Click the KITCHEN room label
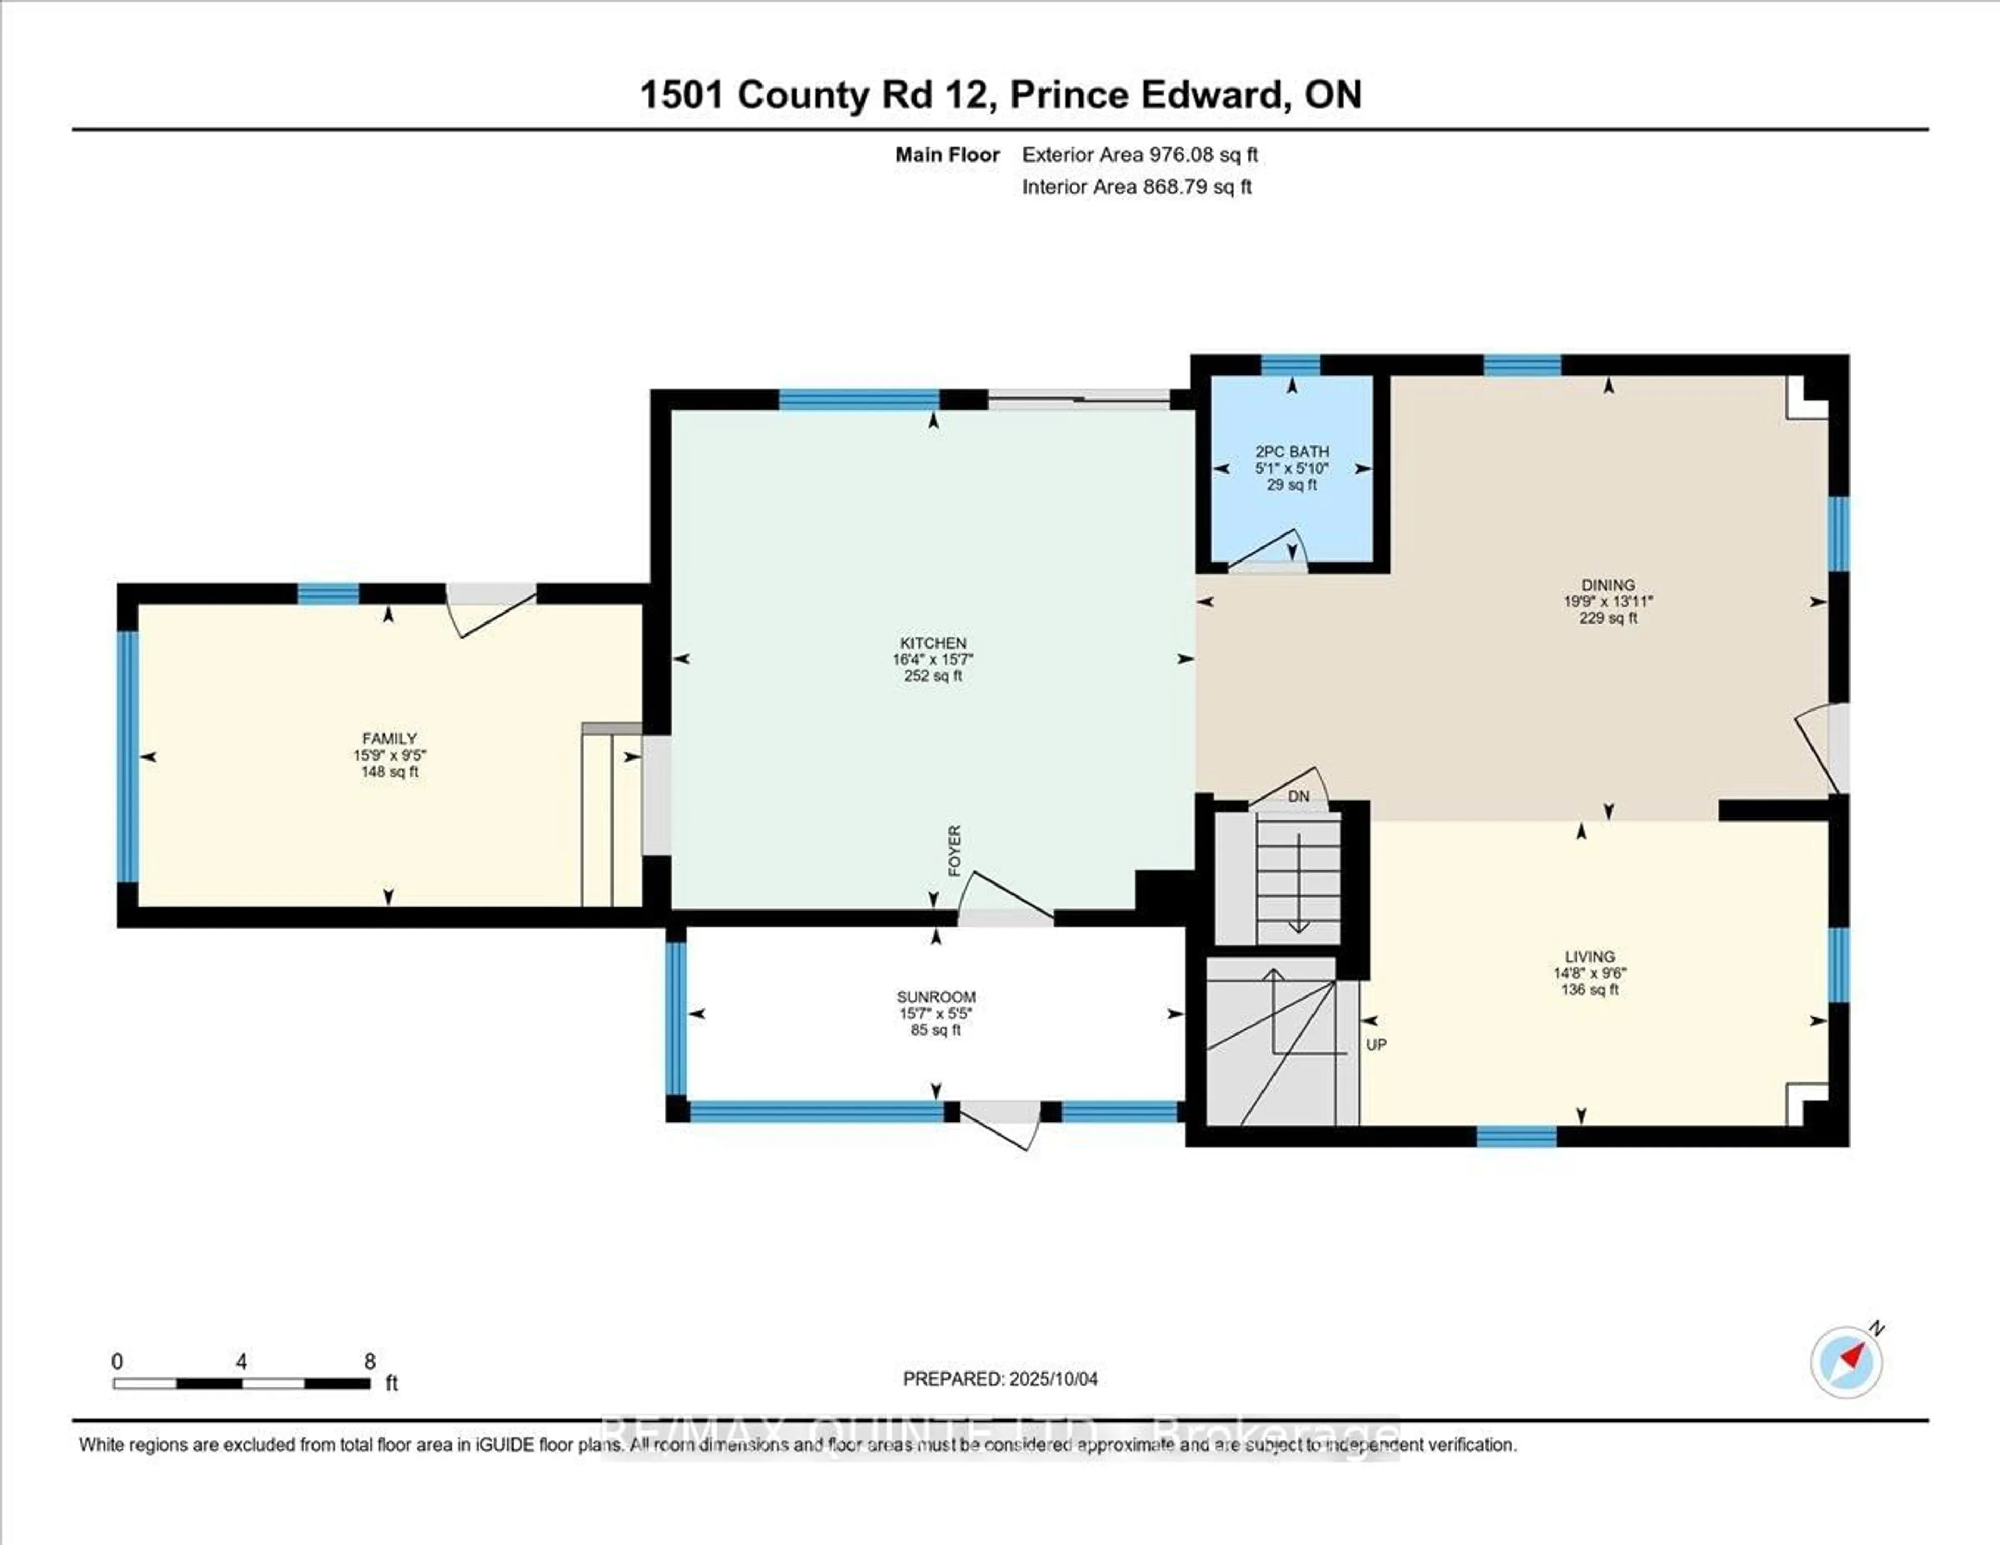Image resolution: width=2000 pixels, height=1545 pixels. point(933,643)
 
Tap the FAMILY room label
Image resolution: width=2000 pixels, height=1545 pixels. point(389,738)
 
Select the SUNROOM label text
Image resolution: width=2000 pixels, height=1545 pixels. point(936,996)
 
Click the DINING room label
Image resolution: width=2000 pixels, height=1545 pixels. point(1608,584)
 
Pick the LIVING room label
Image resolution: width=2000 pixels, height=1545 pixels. point(1590,956)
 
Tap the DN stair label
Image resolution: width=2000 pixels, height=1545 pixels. point(1298,797)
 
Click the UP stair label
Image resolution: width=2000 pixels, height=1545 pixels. point(1377,1044)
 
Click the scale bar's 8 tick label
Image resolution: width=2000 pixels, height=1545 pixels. point(370,1362)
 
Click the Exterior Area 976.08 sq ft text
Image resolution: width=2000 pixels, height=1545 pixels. point(1140,155)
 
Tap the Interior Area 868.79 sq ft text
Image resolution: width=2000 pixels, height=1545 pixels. point(1136,187)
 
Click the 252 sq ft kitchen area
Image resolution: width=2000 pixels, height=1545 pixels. point(933,676)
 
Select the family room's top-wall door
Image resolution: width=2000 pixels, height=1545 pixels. point(491,609)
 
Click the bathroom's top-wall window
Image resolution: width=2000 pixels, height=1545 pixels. point(1291,365)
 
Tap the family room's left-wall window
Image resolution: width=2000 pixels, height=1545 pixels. point(127,755)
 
